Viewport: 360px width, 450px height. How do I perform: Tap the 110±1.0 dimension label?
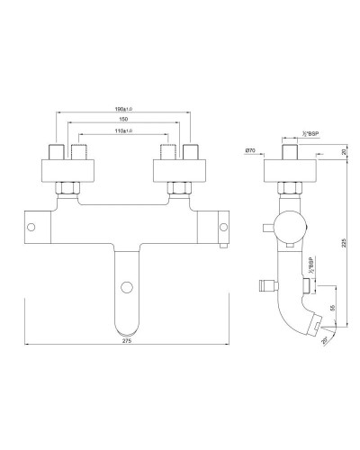pos(121,131)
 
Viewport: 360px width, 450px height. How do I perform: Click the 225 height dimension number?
pos(345,240)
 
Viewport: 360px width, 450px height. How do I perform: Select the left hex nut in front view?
pos(69,189)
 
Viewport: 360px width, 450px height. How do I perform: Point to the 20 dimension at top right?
pos(345,152)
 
